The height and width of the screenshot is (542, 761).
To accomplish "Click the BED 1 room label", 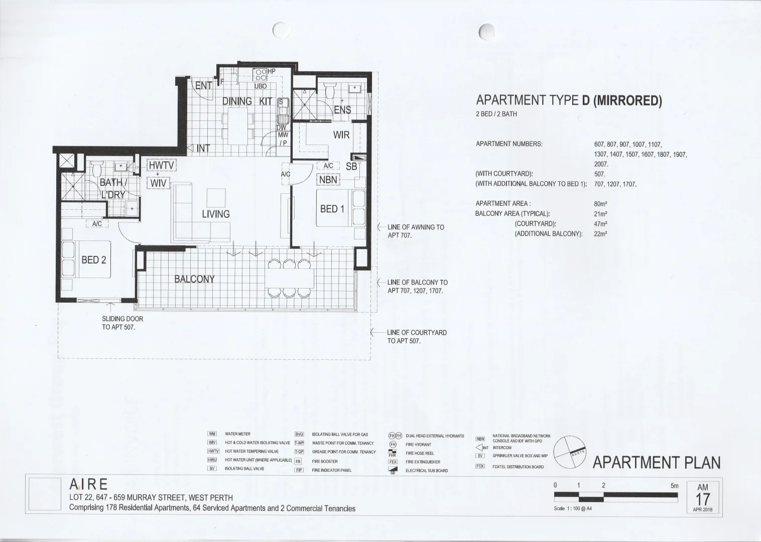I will tap(332, 209).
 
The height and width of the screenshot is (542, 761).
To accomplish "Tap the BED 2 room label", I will tap(93, 260).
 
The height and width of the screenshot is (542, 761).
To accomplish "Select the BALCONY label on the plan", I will tap(194, 279).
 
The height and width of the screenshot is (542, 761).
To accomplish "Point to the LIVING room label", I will tap(215, 214).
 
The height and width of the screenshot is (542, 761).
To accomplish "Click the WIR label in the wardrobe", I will tap(341, 135).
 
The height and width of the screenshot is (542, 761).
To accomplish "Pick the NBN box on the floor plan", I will tap(328, 180).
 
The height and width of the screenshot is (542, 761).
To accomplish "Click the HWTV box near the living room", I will tap(160, 166).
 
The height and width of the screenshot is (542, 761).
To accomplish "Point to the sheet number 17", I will tap(703, 500).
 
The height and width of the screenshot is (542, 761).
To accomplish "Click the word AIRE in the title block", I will tap(88, 484).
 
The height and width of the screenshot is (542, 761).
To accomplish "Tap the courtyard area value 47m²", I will tap(600, 224).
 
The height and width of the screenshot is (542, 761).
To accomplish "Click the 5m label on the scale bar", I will tap(674, 486).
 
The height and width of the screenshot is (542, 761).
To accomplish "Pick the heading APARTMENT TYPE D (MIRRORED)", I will tap(569, 101).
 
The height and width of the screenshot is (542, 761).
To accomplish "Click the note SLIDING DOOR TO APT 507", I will tap(122, 323).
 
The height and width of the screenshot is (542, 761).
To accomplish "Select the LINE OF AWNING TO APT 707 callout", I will tap(415, 231).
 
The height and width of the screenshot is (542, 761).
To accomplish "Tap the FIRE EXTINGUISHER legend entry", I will tap(423, 462).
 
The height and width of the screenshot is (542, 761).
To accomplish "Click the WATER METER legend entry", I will tap(237, 434).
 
